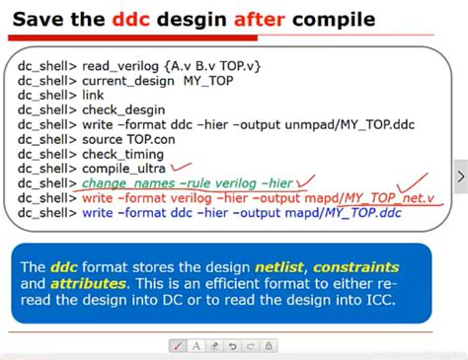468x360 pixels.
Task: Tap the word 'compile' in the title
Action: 333,19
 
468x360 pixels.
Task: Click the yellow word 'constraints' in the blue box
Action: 363,266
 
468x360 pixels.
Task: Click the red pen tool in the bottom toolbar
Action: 177,345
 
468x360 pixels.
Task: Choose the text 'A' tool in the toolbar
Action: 196,345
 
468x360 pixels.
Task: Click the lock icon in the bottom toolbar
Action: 271,345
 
